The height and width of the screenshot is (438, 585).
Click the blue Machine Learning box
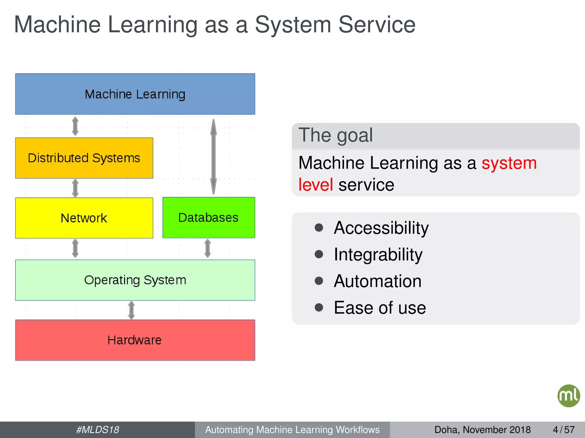click(135, 94)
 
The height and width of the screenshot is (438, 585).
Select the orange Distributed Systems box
click(84, 158)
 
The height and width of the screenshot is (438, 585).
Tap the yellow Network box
click(84, 218)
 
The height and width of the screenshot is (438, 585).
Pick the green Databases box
click(209, 218)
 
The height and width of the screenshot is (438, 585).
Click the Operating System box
click(135, 280)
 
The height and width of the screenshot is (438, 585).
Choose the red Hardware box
click(135, 340)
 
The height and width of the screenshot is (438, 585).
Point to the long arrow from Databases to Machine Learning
click(213, 157)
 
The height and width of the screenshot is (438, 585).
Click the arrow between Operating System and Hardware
click(131, 310)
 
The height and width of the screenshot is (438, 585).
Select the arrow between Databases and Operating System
click(208, 248)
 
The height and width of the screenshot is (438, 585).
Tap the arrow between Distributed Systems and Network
click(75, 188)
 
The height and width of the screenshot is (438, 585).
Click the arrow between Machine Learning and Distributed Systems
click(75, 126)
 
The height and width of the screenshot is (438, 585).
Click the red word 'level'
click(316, 185)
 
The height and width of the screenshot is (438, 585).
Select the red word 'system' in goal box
click(509, 163)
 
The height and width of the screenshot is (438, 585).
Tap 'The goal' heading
click(336, 135)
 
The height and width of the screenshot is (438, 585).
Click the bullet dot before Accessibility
click(319, 228)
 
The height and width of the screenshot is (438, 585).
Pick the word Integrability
click(378, 254)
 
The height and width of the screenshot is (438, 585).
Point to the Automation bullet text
click(378, 281)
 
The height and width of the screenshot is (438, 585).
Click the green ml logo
click(568, 396)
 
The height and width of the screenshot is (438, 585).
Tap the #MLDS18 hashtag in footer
click(98, 430)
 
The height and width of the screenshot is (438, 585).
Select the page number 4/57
click(564, 430)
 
